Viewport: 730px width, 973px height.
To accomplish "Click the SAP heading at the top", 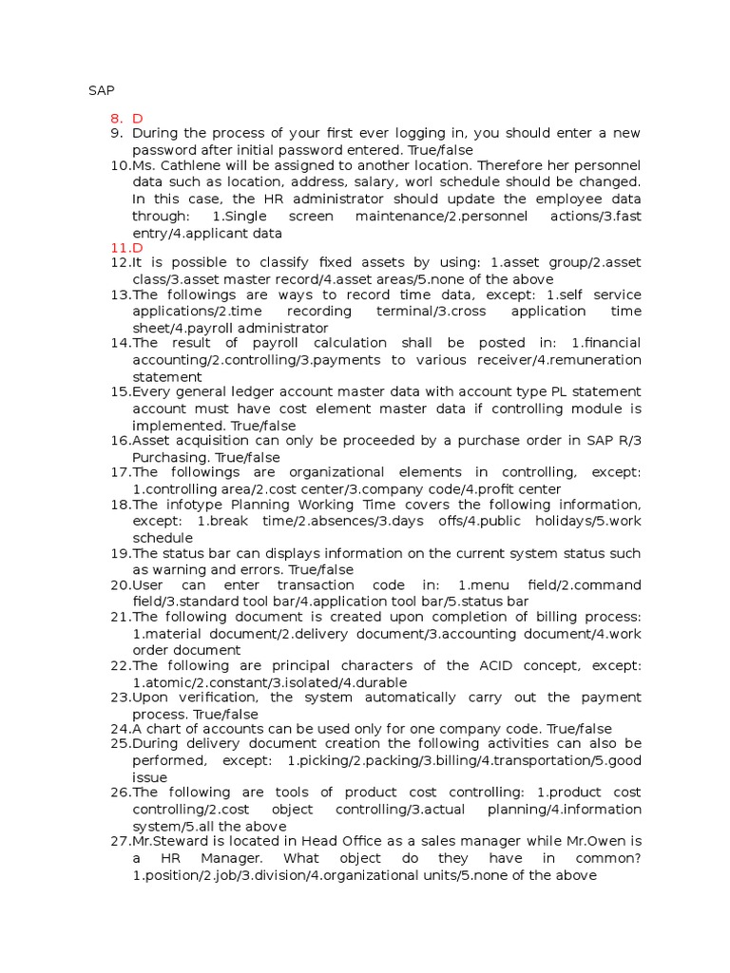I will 102,90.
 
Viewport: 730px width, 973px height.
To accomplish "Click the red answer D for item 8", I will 138,118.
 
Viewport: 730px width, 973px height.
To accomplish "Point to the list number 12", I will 121,263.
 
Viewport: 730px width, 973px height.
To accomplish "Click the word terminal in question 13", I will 414,312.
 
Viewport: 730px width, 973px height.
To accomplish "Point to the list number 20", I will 121,585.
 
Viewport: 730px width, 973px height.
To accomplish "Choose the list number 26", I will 121,792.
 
